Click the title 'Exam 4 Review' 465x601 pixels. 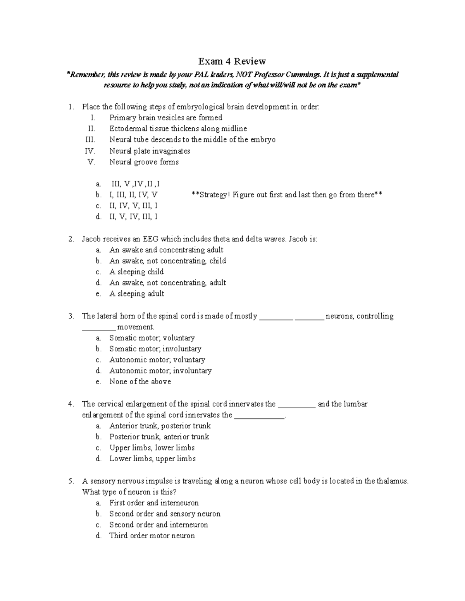[232, 61]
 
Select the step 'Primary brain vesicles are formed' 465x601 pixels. [165, 118]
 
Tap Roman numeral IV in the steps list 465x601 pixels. [90, 151]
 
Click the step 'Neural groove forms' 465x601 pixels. [144, 162]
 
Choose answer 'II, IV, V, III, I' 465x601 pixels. [133, 206]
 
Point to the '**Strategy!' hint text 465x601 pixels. [211, 195]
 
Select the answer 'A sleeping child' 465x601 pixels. [136, 272]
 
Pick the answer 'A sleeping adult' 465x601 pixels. [137, 294]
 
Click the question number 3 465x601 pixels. [71, 316]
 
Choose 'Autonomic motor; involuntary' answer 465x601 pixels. [160, 371]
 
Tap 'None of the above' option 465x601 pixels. [140, 382]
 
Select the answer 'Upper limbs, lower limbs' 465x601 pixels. [152, 448]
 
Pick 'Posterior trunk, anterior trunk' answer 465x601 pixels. [159, 437]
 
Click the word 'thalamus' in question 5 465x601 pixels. [391, 481]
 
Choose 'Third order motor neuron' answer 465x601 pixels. [152, 536]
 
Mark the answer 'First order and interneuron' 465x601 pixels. [154, 503]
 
